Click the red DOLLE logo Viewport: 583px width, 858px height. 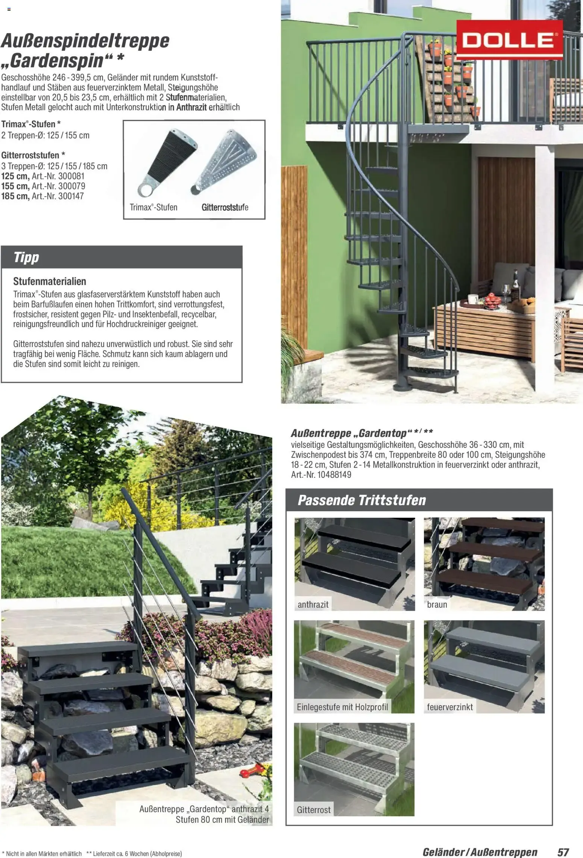pyautogui.click(x=509, y=40)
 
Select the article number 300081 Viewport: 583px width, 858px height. pyautogui.click(x=71, y=176)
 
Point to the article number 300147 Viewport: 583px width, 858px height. pyautogui.click(x=70, y=196)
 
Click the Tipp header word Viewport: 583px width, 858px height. pyautogui.click(x=26, y=258)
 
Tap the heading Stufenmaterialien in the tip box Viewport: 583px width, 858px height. pyautogui.click(x=50, y=281)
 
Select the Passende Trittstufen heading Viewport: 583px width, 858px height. pyautogui.click(x=362, y=500)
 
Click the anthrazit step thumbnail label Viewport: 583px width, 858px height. pyautogui.click(x=313, y=605)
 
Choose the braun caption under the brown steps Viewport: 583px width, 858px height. pyautogui.click(x=437, y=605)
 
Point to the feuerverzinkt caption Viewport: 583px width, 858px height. pyautogui.click(x=450, y=707)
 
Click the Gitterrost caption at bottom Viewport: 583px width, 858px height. pyautogui.click(x=314, y=809)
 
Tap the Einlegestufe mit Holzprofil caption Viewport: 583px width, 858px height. pyautogui.click(x=342, y=707)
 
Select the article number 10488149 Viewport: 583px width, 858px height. pyautogui.click(x=334, y=474)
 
